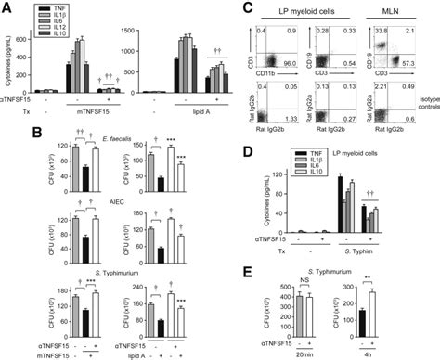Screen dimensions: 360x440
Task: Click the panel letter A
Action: point(8,7)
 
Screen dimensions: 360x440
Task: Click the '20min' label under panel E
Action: point(291,353)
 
